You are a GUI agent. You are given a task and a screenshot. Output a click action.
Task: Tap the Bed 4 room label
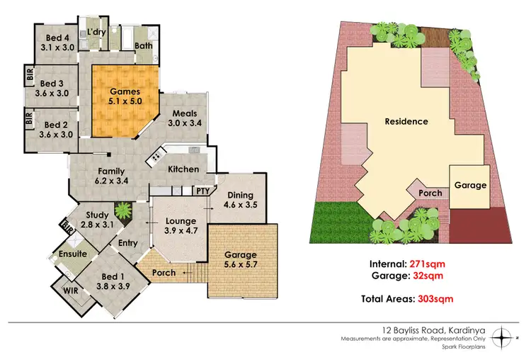(x=57, y=43)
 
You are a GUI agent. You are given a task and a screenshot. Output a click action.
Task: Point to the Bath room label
(x=144, y=45)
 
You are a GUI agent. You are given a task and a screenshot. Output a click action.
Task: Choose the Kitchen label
(x=183, y=169)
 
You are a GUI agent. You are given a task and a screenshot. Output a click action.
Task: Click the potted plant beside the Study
(x=123, y=210)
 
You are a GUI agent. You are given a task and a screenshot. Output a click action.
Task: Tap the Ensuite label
(x=73, y=253)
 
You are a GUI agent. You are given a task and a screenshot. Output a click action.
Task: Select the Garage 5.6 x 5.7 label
(x=241, y=260)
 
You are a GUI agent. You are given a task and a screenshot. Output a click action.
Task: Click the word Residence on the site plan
(x=406, y=121)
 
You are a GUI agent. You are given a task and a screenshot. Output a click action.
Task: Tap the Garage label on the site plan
(x=470, y=185)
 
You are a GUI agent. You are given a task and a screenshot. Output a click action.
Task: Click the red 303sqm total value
(x=433, y=299)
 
